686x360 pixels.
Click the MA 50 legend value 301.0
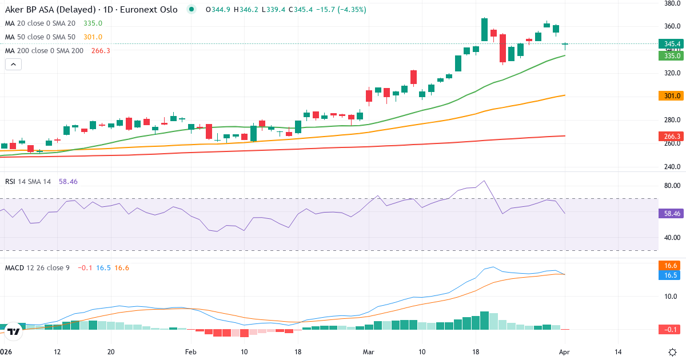tap(93, 37)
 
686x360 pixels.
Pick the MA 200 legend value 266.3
tap(101, 51)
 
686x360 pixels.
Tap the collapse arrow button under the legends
tap(13, 65)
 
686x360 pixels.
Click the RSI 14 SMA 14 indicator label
tap(28, 181)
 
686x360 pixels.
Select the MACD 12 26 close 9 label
tap(37, 267)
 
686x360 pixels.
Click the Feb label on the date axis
tap(191, 352)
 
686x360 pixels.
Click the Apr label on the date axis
tap(565, 352)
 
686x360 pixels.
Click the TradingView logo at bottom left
tap(14, 331)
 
